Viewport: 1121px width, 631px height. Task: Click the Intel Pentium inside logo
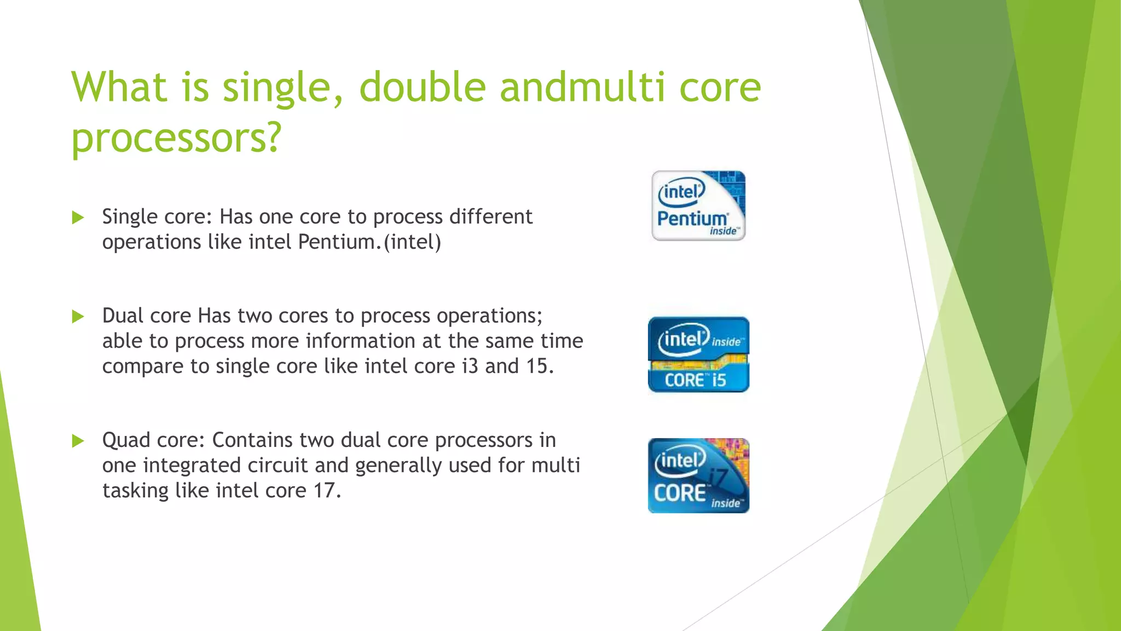(x=698, y=206)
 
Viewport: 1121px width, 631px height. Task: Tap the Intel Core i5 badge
(x=698, y=354)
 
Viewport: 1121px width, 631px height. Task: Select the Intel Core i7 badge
(x=698, y=475)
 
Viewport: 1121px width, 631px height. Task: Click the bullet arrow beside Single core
(x=78, y=218)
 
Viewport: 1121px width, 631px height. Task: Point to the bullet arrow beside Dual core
(x=78, y=317)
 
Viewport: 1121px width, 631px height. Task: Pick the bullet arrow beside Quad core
(x=78, y=441)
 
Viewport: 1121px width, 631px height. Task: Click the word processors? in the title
(x=176, y=138)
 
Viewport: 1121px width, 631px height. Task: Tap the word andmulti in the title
(x=582, y=88)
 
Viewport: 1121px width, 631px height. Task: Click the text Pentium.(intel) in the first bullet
(x=369, y=242)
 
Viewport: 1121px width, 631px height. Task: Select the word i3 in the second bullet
(x=470, y=366)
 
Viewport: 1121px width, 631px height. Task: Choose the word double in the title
(x=422, y=88)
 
